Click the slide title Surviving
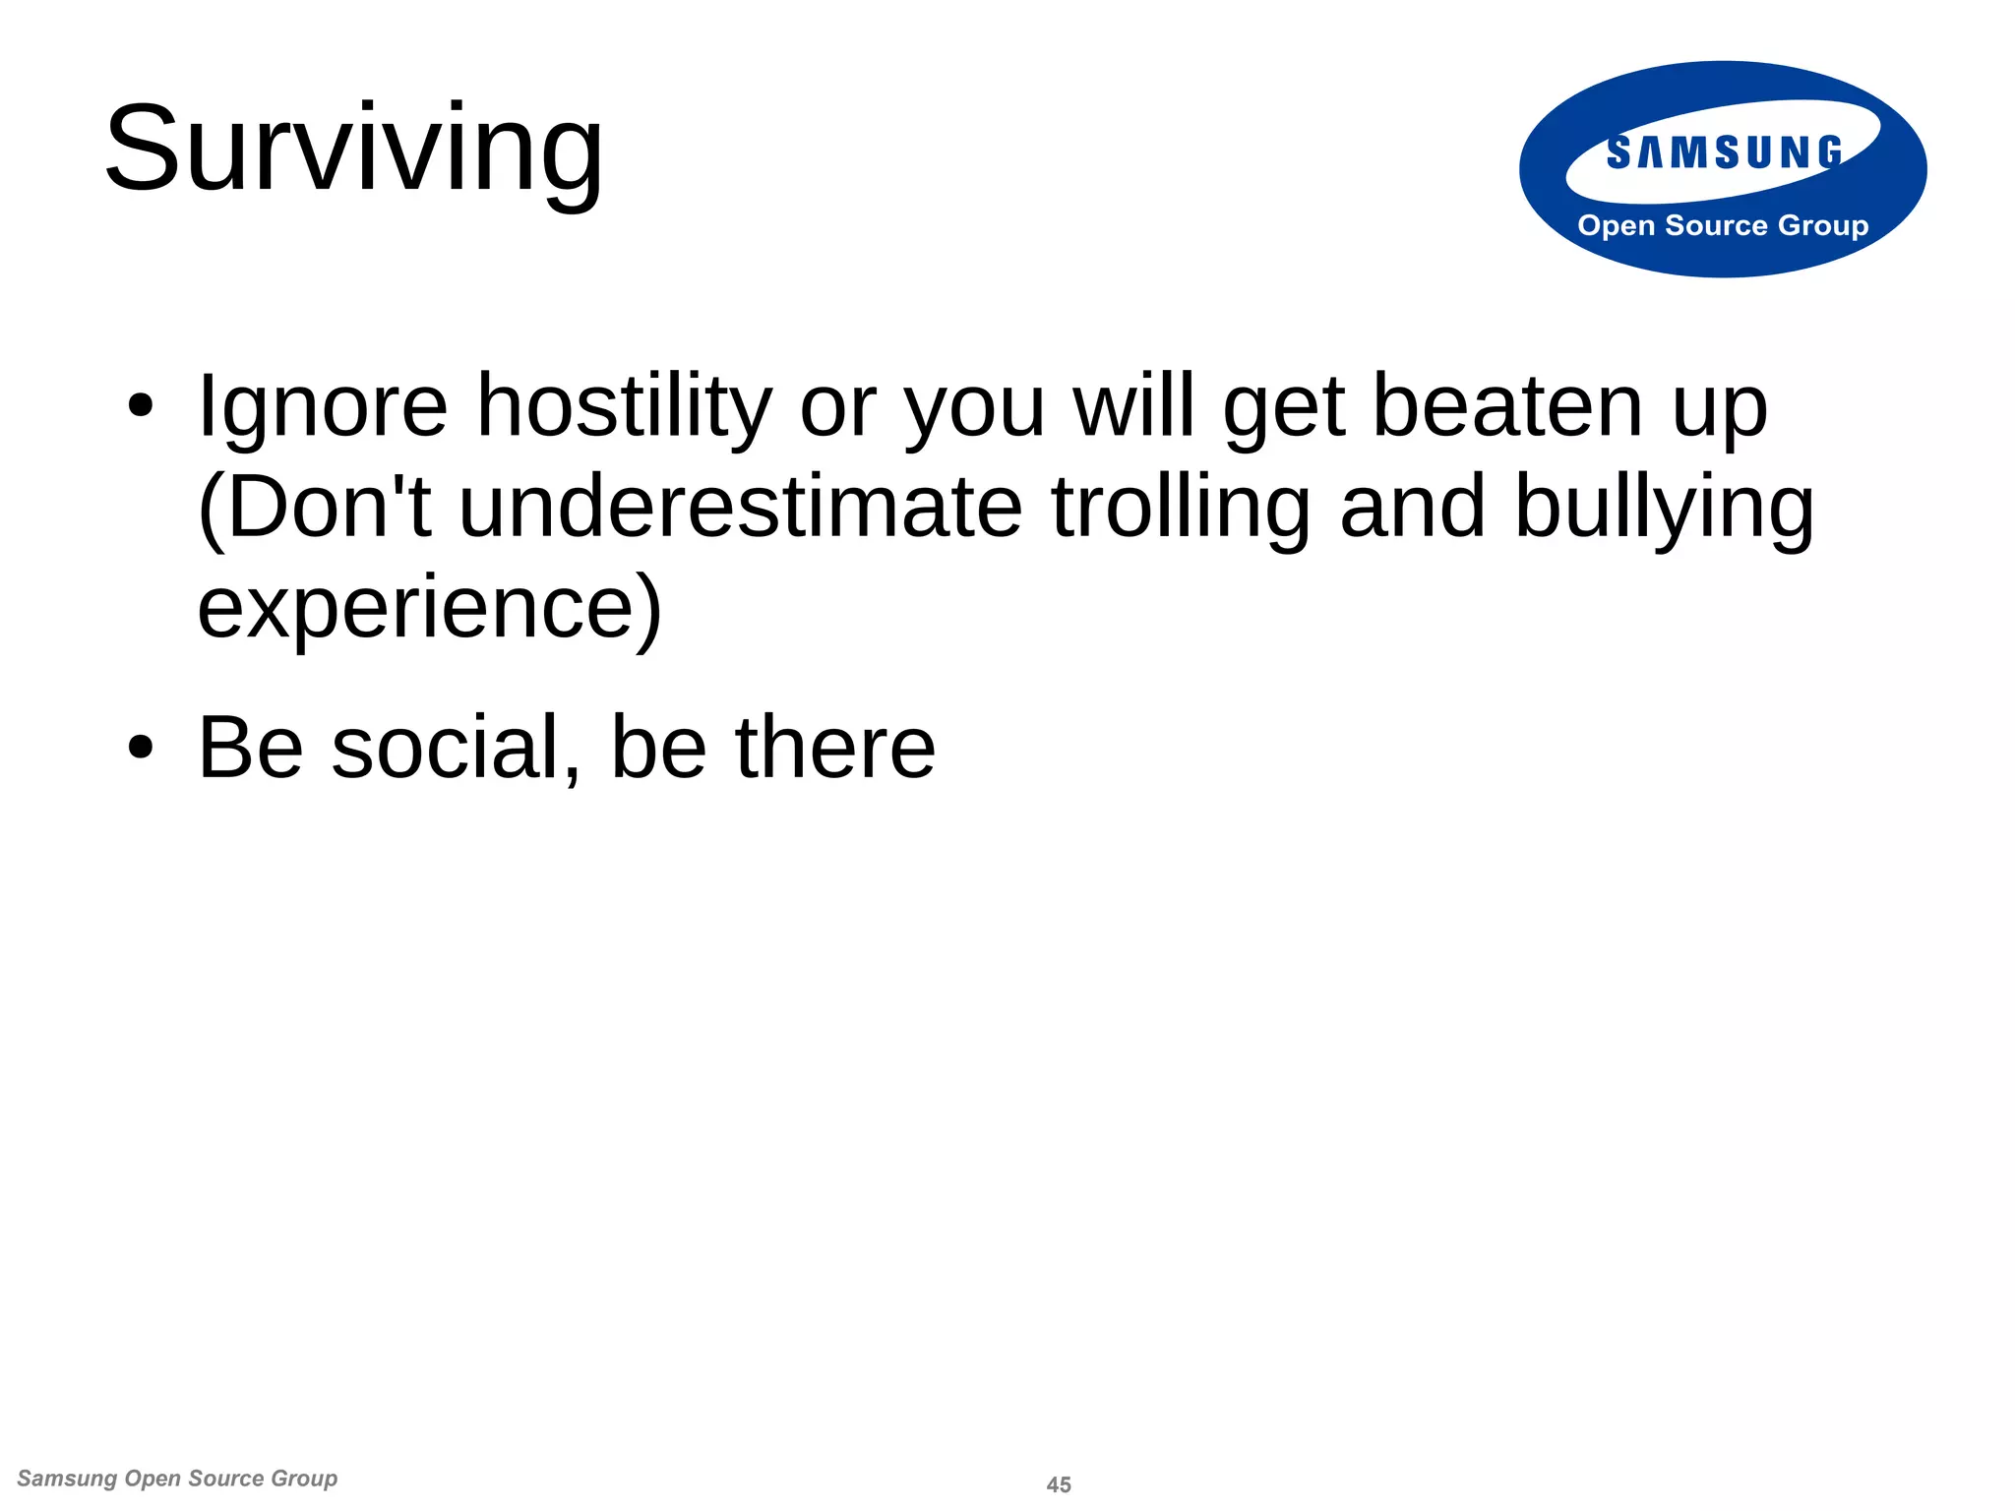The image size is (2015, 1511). [x=353, y=150]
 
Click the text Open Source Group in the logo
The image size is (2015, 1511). [x=1722, y=225]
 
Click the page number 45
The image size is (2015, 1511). [x=1059, y=1484]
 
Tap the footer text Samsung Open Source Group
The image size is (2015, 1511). [x=177, y=1479]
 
